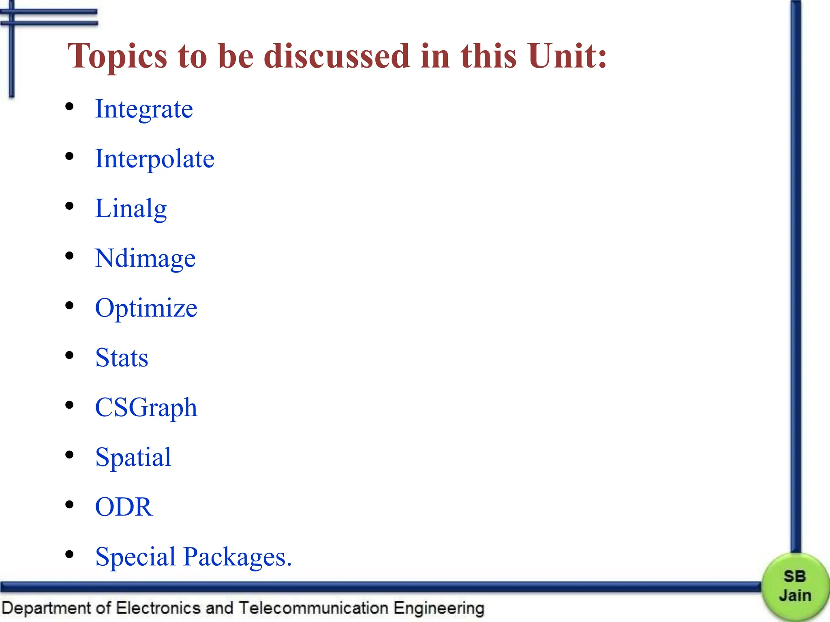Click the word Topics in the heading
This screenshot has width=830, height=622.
118,57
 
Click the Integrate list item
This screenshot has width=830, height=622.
144,109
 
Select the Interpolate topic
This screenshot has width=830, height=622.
154,159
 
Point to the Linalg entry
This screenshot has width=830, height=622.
130,209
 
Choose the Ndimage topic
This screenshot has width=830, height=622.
145,258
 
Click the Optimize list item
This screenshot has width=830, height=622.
146,308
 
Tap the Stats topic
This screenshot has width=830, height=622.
122,358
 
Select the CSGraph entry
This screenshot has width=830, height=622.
146,408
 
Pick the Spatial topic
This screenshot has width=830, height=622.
133,458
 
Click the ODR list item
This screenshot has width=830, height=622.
124,507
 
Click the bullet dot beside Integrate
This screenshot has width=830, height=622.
70,107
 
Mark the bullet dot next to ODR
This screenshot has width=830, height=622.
70,505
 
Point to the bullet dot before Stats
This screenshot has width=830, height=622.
70,356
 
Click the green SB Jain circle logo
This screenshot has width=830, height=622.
795,586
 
